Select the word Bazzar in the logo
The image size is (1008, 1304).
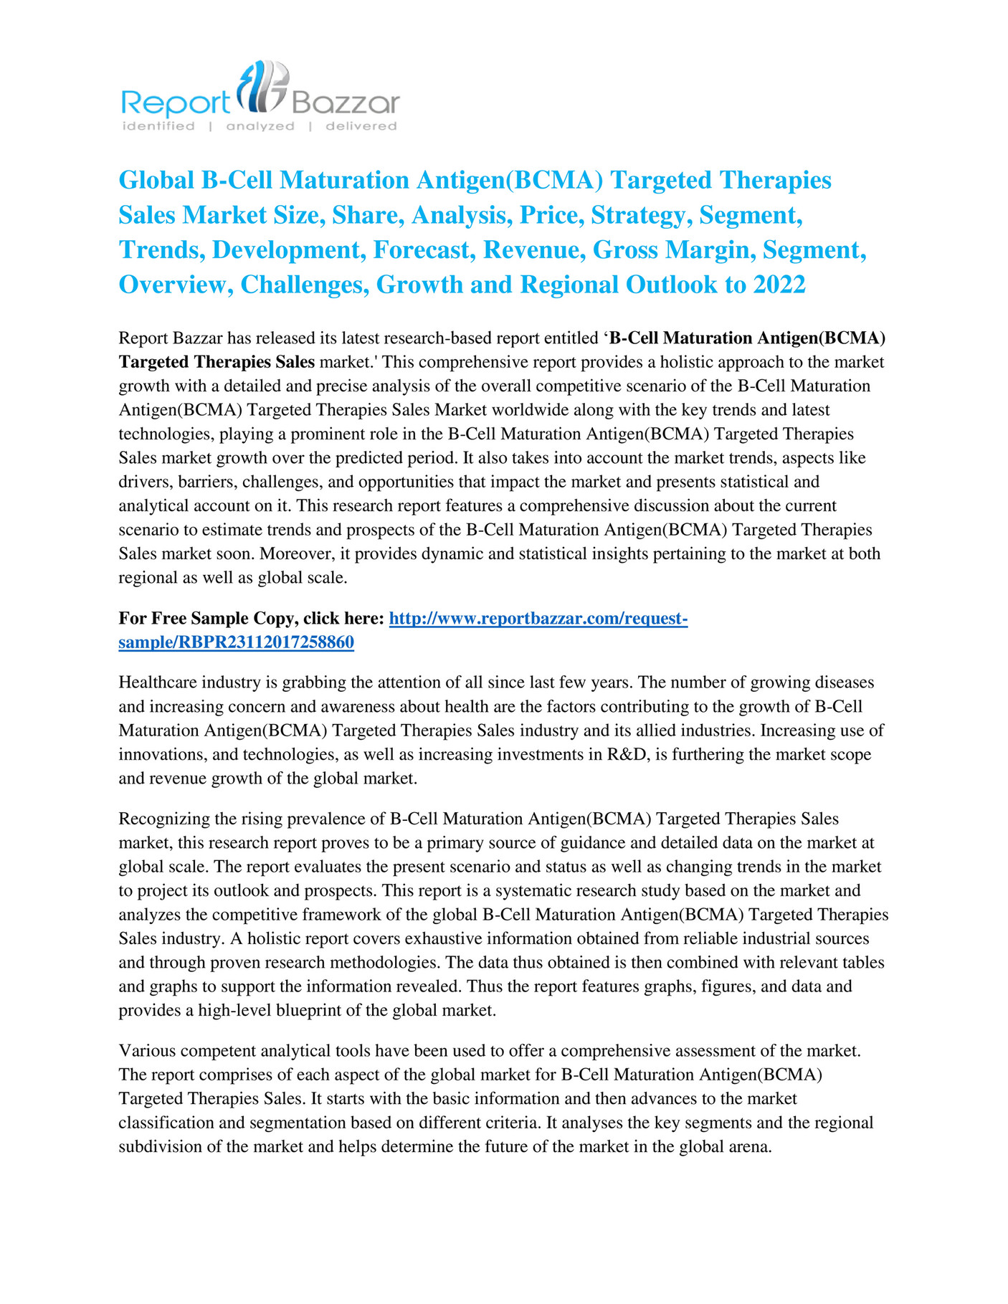tap(345, 104)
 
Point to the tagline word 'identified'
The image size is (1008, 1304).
tap(158, 126)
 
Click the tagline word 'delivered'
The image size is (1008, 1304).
tap(361, 126)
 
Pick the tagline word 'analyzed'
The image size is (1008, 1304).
tap(260, 126)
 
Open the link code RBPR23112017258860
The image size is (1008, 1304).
tap(266, 642)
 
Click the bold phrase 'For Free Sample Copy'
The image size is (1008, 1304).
tap(205, 618)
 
